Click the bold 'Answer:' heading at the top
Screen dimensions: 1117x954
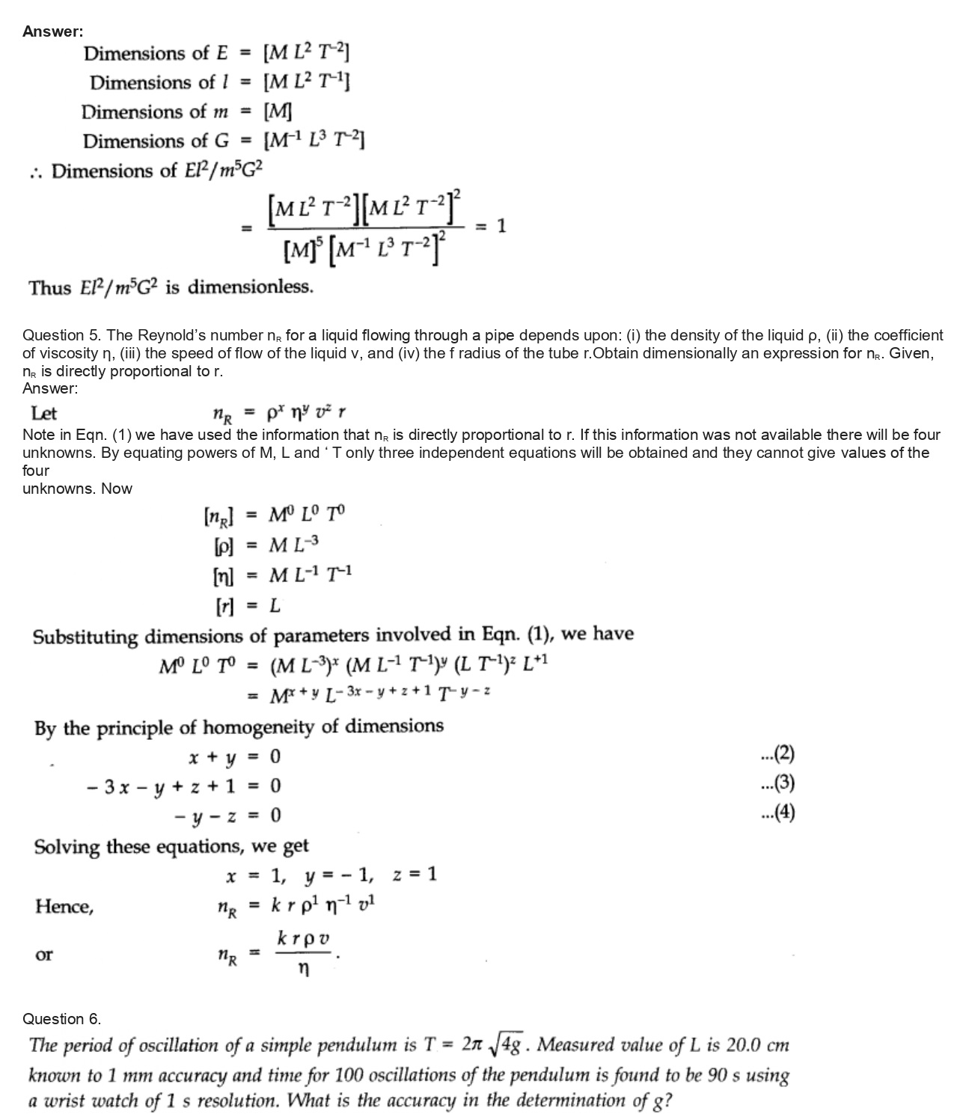[x=52, y=31]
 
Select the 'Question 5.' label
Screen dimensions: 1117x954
[x=62, y=335]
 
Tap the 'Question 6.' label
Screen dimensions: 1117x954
[x=61, y=1018]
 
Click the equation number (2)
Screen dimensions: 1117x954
[x=777, y=753]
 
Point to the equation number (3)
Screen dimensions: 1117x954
[x=777, y=783]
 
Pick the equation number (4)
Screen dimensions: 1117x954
[x=777, y=812]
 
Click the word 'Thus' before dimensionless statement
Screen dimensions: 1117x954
[x=49, y=288]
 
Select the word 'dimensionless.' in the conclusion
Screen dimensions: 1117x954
[x=250, y=287]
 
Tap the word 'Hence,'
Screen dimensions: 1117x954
[x=64, y=907]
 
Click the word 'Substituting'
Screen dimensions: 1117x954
[x=85, y=637]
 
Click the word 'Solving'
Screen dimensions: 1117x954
[x=67, y=847]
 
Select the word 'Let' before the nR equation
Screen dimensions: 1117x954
[x=43, y=413]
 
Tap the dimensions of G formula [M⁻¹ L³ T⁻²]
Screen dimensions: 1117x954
[x=314, y=141]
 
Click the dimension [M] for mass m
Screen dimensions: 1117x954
[x=278, y=111]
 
